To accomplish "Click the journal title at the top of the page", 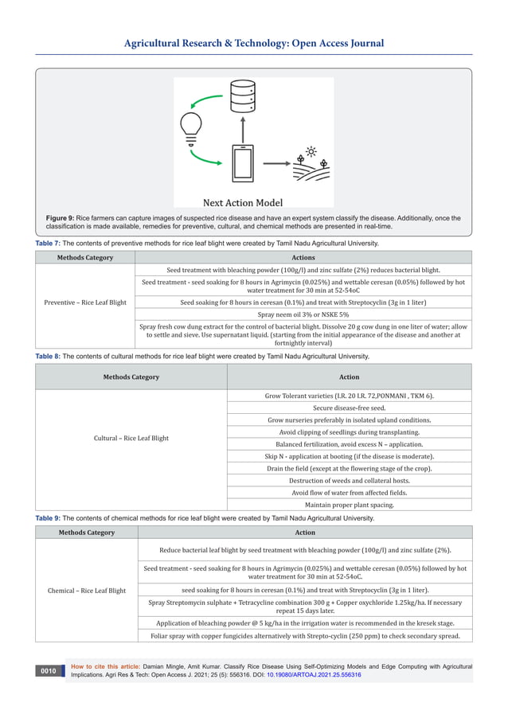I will pos(253,44).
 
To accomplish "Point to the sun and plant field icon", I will pos(309,162).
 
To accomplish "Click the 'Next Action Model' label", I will pos(242,202).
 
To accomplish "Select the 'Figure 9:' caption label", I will pos(60,218).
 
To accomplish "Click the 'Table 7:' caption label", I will pos(48,244).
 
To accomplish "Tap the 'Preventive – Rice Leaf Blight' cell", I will pos(85,302).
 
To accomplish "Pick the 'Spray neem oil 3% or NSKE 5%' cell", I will pos(303,315).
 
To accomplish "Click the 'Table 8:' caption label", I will pos(48,357).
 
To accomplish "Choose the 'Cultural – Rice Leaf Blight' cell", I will pos(131,439).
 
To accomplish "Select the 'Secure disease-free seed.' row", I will pos(349,408).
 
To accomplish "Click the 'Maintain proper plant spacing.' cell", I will pos(349,505).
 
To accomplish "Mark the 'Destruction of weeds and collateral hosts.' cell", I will pos(349,481).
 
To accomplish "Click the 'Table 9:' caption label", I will pos(48,518).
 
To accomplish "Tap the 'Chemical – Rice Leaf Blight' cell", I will pos(87,591).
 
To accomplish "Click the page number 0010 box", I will pos(49,671).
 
